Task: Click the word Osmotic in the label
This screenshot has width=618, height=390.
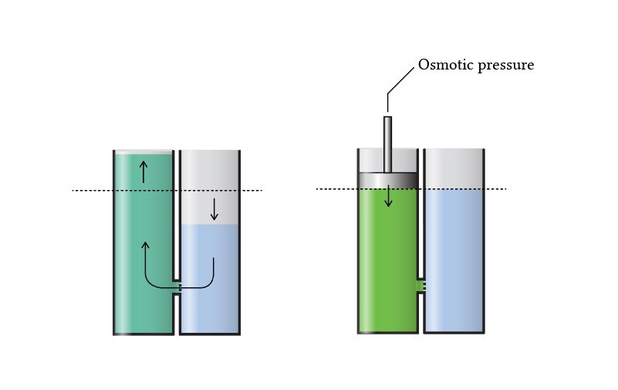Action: tap(443, 65)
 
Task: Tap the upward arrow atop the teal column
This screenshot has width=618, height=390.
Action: tap(143, 171)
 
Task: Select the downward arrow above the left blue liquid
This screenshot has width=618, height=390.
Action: tap(214, 209)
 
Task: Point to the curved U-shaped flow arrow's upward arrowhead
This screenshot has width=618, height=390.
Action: tap(145, 246)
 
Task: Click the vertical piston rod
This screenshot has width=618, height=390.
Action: tap(388, 143)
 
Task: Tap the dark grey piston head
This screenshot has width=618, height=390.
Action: tap(388, 179)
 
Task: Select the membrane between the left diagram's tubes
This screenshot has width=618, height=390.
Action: tap(177, 288)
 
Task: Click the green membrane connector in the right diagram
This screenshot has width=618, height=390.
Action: tap(420, 287)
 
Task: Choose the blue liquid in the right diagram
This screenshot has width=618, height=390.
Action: tap(454, 263)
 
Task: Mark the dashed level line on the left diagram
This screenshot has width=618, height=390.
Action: tap(93, 190)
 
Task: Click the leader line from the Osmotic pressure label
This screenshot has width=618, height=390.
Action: tap(400, 79)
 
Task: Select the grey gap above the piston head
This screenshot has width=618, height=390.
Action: tap(370, 160)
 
